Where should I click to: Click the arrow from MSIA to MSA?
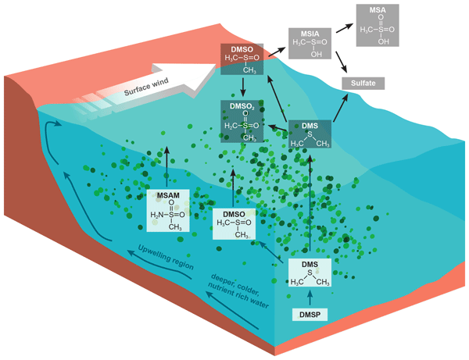click(x=342, y=29)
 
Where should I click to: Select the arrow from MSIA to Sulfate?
click(x=341, y=62)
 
